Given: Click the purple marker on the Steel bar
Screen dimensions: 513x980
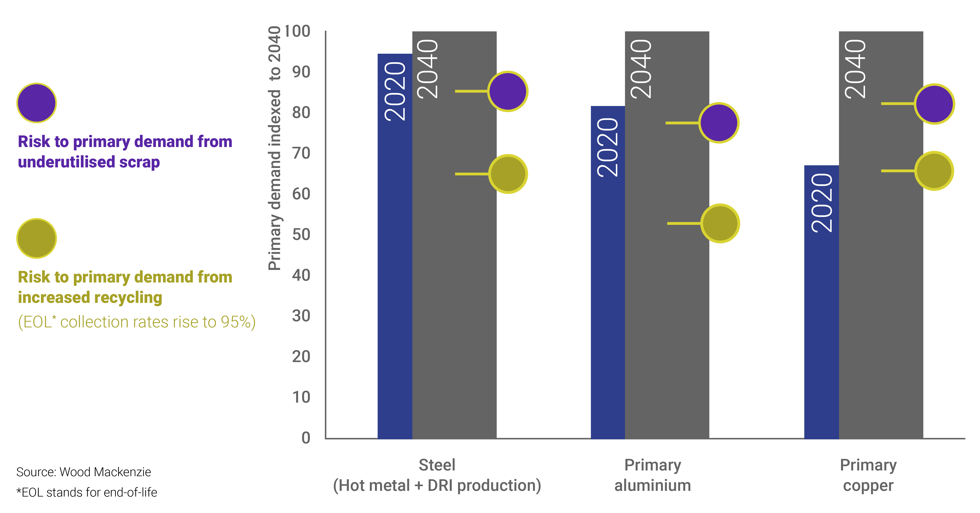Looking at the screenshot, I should pos(507,91).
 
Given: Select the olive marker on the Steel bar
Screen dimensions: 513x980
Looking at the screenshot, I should pos(507,174).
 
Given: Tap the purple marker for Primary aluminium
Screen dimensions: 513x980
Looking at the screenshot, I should pos(719,123).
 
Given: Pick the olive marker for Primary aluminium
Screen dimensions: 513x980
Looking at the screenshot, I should pos(720,223).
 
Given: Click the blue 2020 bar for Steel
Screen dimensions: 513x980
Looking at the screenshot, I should pos(395,266).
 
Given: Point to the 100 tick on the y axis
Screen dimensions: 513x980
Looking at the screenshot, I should pos(297,31).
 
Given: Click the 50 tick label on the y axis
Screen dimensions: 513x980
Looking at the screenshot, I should pos(301,234).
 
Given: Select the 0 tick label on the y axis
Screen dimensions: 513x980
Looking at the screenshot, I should pos(306,438).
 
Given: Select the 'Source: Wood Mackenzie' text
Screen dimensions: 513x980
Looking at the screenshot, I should pos(84,472).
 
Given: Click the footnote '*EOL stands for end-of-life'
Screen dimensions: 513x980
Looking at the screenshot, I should pos(87,492).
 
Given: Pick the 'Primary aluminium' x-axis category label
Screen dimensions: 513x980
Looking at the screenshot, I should pos(652,475).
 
